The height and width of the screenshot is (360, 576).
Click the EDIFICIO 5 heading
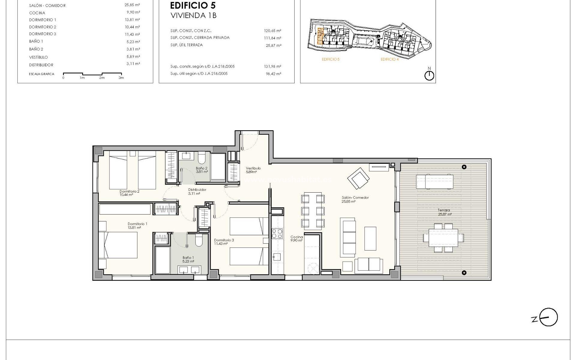tap(193, 5)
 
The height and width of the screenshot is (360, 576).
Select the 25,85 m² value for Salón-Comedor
tap(132, 5)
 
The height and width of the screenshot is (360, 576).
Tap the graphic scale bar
tap(92, 74)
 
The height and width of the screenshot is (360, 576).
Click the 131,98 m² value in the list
tap(272, 67)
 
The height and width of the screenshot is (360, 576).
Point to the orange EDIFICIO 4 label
tap(390, 59)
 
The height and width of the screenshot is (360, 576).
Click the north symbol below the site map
tap(429, 75)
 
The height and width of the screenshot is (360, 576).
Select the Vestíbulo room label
tap(253, 170)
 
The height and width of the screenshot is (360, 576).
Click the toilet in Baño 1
tap(199, 241)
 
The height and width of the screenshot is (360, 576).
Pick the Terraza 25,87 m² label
tap(444, 212)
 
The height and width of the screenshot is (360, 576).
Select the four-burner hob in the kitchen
tap(277, 234)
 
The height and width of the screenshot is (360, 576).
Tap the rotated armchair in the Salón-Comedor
tap(358, 178)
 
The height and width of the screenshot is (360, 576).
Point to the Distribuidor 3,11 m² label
tap(197, 192)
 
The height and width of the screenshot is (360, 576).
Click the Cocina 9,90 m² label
tap(296, 239)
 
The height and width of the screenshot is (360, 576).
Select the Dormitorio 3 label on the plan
tap(224, 242)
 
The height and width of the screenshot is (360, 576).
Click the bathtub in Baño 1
tap(162, 260)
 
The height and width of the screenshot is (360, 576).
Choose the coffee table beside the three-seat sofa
tap(370, 238)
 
